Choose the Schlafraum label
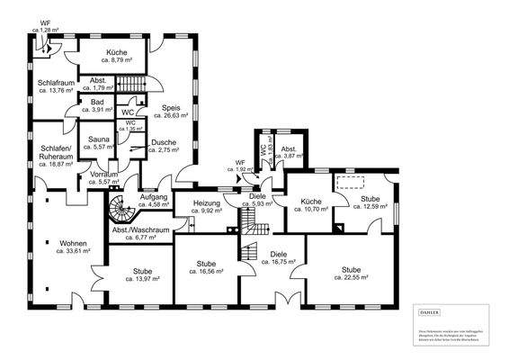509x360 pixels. coord(55,82)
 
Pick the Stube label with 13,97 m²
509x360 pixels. coord(140,272)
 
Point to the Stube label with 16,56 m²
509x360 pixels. coord(206,265)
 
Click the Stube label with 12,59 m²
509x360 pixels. coord(369,200)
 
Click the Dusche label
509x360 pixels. coord(164,143)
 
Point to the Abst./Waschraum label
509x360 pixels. coord(140,229)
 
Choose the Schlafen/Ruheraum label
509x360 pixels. coord(56,153)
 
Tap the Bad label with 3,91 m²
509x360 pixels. coord(97,103)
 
